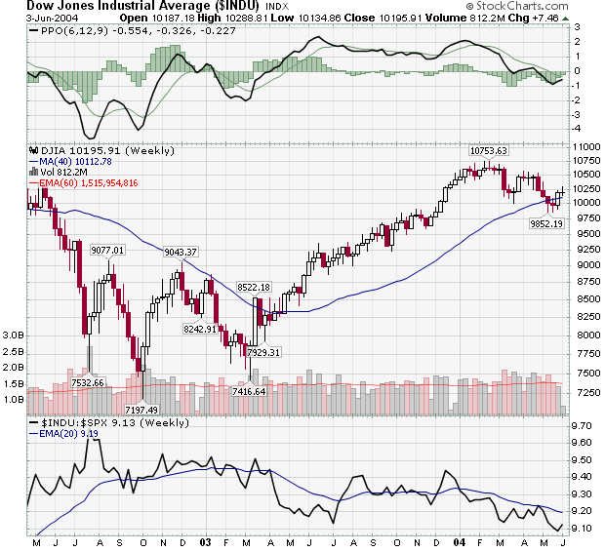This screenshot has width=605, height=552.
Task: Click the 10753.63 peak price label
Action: click(x=489, y=151)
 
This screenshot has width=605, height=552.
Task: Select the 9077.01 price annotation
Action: click(x=107, y=251)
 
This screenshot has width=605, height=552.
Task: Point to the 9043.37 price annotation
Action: click(x=181, y=253)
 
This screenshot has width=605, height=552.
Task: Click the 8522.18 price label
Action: click(x=253, y=287)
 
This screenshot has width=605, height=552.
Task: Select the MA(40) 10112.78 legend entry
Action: click(x=79, y=162)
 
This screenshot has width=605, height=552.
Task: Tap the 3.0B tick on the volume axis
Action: click(x=13, y=335)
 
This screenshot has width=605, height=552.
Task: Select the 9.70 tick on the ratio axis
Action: click(x=584, y=426)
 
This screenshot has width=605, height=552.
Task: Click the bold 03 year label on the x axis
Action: click(x=205, y=541)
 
